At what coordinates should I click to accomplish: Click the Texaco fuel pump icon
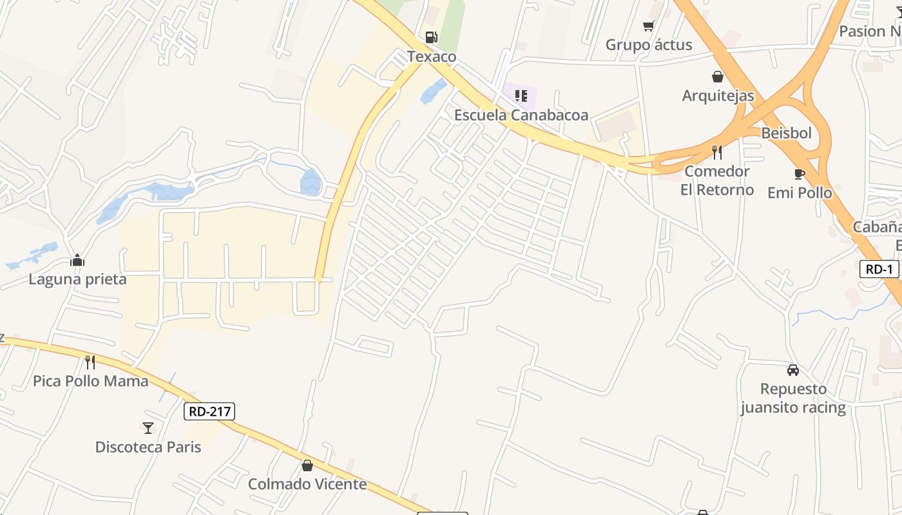pos(431,37)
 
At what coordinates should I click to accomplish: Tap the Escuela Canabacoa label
pos(521,115)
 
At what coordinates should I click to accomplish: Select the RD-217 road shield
pos(209,411)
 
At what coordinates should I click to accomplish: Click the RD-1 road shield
pos(879,269)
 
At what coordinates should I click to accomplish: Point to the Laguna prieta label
pos(77,279)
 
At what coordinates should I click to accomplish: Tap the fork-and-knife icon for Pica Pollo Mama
pos(90,362)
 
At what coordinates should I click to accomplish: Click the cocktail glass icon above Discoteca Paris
pos(148,427)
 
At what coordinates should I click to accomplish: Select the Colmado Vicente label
pos(307,484)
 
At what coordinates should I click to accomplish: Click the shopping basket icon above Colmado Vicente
pos(307,465)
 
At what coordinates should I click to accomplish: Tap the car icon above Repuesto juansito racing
pos(793,370)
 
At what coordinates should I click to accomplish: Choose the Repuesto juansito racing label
pos(793,398)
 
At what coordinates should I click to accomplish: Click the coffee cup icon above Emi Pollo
pos(800,174)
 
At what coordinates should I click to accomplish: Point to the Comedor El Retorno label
pos(717,180)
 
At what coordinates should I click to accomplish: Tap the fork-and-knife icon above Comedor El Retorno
pos(716,152)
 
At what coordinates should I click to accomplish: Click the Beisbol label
pos(786,133)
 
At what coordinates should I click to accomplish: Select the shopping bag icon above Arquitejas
pos(718,77)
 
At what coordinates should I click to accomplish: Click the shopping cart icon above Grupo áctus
pos(648,26)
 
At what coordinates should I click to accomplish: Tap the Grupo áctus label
pos(649,45)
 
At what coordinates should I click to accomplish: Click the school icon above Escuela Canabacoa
pos(521,96)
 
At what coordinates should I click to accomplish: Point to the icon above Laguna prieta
pos(77,260)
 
